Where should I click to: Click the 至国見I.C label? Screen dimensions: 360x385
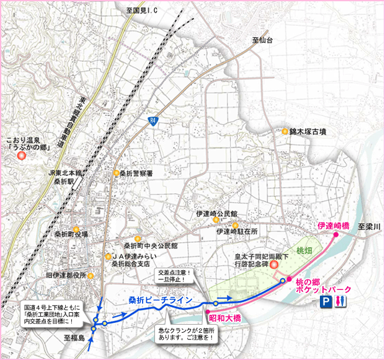click(x=144, y=11)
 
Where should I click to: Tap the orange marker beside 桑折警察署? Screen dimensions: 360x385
click(x=115, y=173)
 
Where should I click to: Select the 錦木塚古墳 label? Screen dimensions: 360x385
click(x=312, y=132)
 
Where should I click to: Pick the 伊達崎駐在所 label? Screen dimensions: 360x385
click(x=236, y=231)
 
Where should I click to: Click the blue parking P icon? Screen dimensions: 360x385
click(x=325, y=302)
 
